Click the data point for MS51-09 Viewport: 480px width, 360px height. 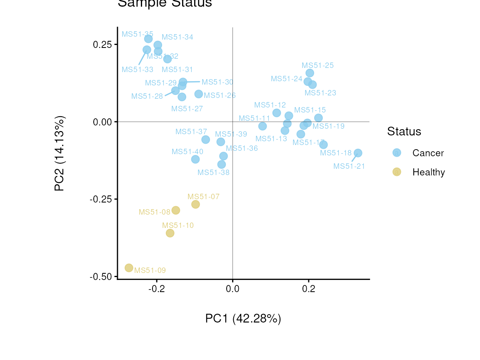(x=129, y=268)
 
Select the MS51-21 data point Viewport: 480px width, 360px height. (x=357, y=153)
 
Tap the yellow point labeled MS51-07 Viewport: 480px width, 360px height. (x=195, y=204)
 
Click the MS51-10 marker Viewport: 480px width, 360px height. (x=170, y=233)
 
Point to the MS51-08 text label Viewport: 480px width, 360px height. (x=154, y=212)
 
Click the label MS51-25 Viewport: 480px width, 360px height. (x=317, y=65)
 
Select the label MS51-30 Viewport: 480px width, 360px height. (x=217, y=82)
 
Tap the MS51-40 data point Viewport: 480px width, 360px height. (x=195, y=159)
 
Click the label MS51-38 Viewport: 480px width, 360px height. (x=213, y=172)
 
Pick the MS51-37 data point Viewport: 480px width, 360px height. (x=205, y=140)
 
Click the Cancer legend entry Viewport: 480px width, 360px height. (x=428, y=153)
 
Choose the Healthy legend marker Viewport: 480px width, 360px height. (x=397, y=172)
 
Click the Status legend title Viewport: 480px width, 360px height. (x=404, y=132)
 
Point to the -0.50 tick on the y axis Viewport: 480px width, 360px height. (x=101, y=277)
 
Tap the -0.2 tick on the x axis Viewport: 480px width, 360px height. (x=156, y=289)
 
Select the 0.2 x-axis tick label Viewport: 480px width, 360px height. (x=308, y=289)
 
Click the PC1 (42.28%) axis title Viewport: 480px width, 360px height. (x=243, y=319)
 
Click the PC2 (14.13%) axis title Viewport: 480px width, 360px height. (x=60, y=153)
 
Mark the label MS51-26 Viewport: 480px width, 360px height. (x=220, y=95)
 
